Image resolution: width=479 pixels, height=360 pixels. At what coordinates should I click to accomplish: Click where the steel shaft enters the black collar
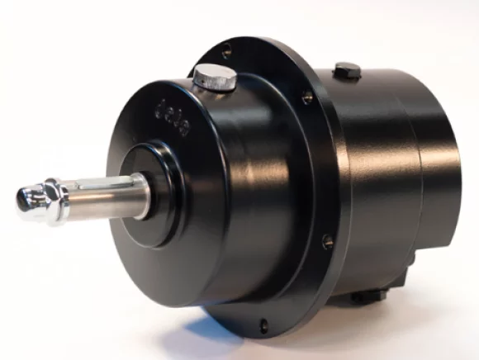(148, 192)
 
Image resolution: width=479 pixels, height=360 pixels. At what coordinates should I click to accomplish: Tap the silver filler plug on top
(215, 78)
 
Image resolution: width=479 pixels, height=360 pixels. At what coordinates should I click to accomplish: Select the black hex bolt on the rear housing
(348, 71)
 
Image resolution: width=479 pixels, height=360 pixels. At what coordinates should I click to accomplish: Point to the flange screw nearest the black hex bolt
(306, 97)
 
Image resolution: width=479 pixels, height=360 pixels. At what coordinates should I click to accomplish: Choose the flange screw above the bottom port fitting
(328, 241)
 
